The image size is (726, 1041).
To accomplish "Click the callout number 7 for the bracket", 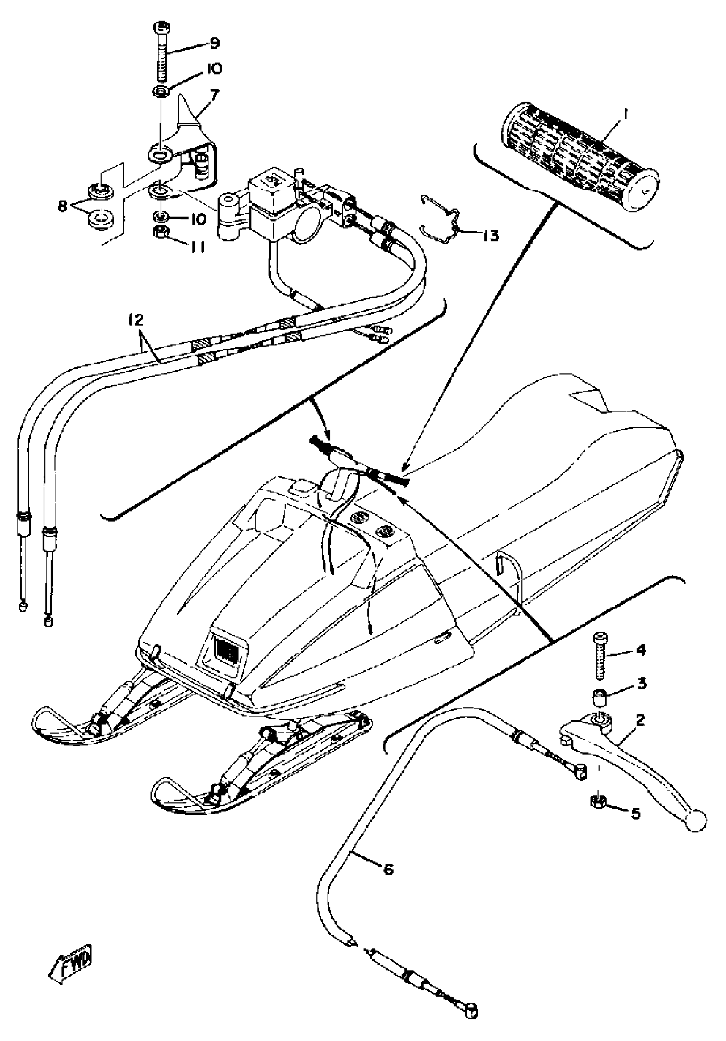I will click(214, 95).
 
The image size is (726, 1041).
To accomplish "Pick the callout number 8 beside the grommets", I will click(63, 206).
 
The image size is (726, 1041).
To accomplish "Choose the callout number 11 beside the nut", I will click(196, 247).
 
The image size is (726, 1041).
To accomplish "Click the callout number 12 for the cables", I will click(135, 320).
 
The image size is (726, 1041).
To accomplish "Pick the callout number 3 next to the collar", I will click(641, 683).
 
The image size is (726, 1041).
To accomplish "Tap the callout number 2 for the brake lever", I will click(640, 720).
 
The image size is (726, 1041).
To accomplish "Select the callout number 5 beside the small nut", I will click(636, 814).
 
